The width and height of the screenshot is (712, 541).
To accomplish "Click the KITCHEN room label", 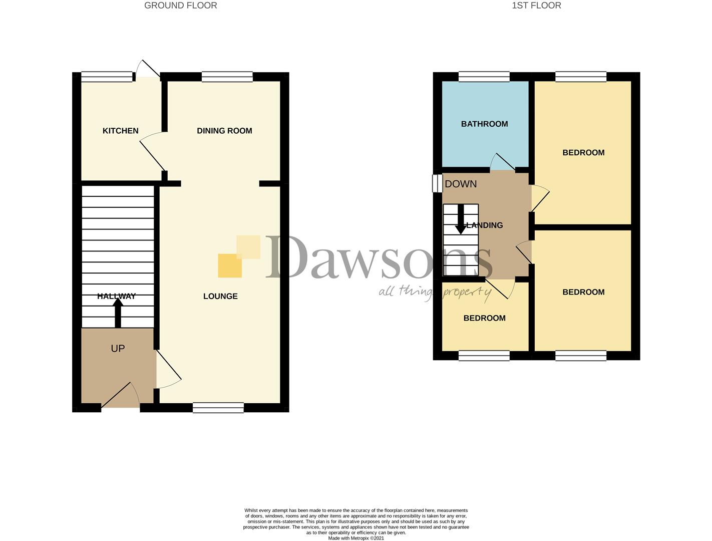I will point(120,131).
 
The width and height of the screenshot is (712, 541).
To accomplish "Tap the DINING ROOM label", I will point(224,131).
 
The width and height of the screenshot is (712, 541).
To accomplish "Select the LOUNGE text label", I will point(220,296).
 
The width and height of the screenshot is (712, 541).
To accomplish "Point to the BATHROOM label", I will point(484,124).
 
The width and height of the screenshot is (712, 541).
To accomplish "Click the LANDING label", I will point(485,225).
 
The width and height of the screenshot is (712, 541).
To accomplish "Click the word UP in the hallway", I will point(118,348).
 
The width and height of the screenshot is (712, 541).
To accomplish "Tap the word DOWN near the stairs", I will point(461,184).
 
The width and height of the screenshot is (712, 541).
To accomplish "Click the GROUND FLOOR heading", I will point(180,6).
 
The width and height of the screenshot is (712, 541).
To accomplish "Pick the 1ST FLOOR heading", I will point(536,6).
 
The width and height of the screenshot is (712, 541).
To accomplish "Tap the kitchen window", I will point(107,77).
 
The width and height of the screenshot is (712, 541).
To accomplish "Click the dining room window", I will point(227,77).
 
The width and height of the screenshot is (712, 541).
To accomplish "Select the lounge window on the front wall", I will point(218,407).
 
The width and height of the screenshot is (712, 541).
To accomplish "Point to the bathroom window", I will point(484,77).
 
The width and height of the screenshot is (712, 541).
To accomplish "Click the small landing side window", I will point(437,183).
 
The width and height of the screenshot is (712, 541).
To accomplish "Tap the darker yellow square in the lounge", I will point(230,266).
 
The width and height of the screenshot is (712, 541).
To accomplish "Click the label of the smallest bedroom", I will point(484,318).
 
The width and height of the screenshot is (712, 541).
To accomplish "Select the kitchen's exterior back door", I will point(148,70).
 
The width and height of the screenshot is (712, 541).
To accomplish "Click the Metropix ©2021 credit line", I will point(356,538).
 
